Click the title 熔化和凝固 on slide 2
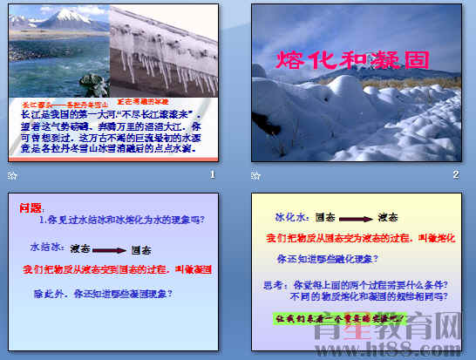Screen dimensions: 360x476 [x=353, y=60]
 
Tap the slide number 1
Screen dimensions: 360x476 [x=212, y=175]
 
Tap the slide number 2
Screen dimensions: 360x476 [x=455, y=175]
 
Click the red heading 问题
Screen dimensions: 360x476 [x=30, y=207]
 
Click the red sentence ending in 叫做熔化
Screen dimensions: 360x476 [x=358, y=238]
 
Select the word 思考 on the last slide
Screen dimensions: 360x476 [x=273, y=285]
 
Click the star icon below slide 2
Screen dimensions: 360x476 [x=255, y=176]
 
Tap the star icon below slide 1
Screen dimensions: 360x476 [x=11, y=176]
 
